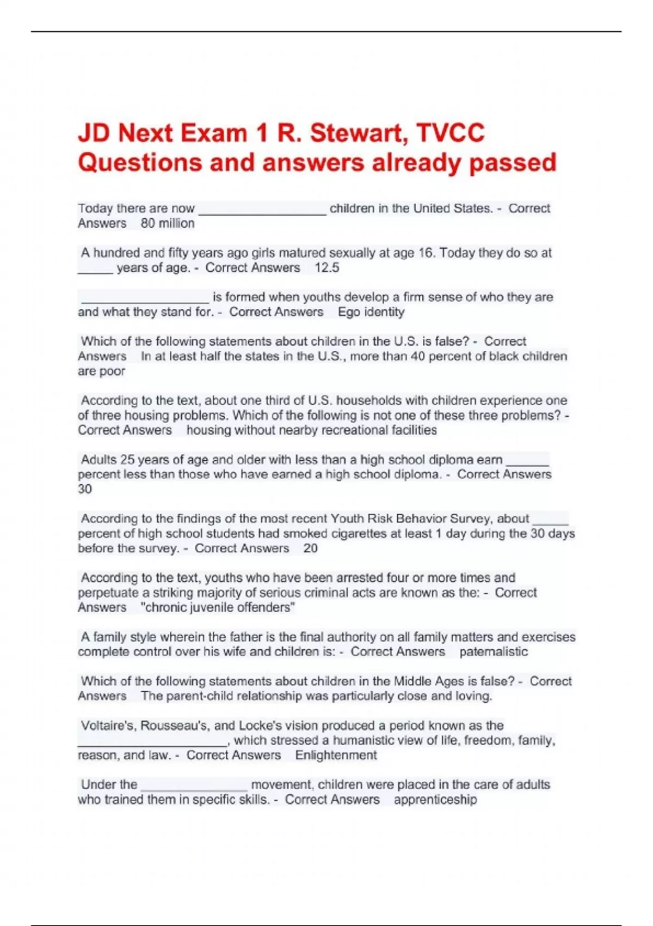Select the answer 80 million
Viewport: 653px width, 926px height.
tap(168, 223)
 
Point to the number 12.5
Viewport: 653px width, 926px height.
tap(326, 267)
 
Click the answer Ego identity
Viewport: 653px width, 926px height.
tap(371, 312)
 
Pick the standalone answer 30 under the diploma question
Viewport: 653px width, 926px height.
tap(85, 489)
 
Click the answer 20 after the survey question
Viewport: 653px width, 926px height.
tap(310, 548)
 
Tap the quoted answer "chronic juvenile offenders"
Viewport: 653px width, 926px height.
tap(218, 607)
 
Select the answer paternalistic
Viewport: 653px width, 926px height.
tap(494, 651)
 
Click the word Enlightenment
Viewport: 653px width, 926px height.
tap(336, 755)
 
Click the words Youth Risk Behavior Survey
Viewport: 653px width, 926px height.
tap(430, 519)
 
